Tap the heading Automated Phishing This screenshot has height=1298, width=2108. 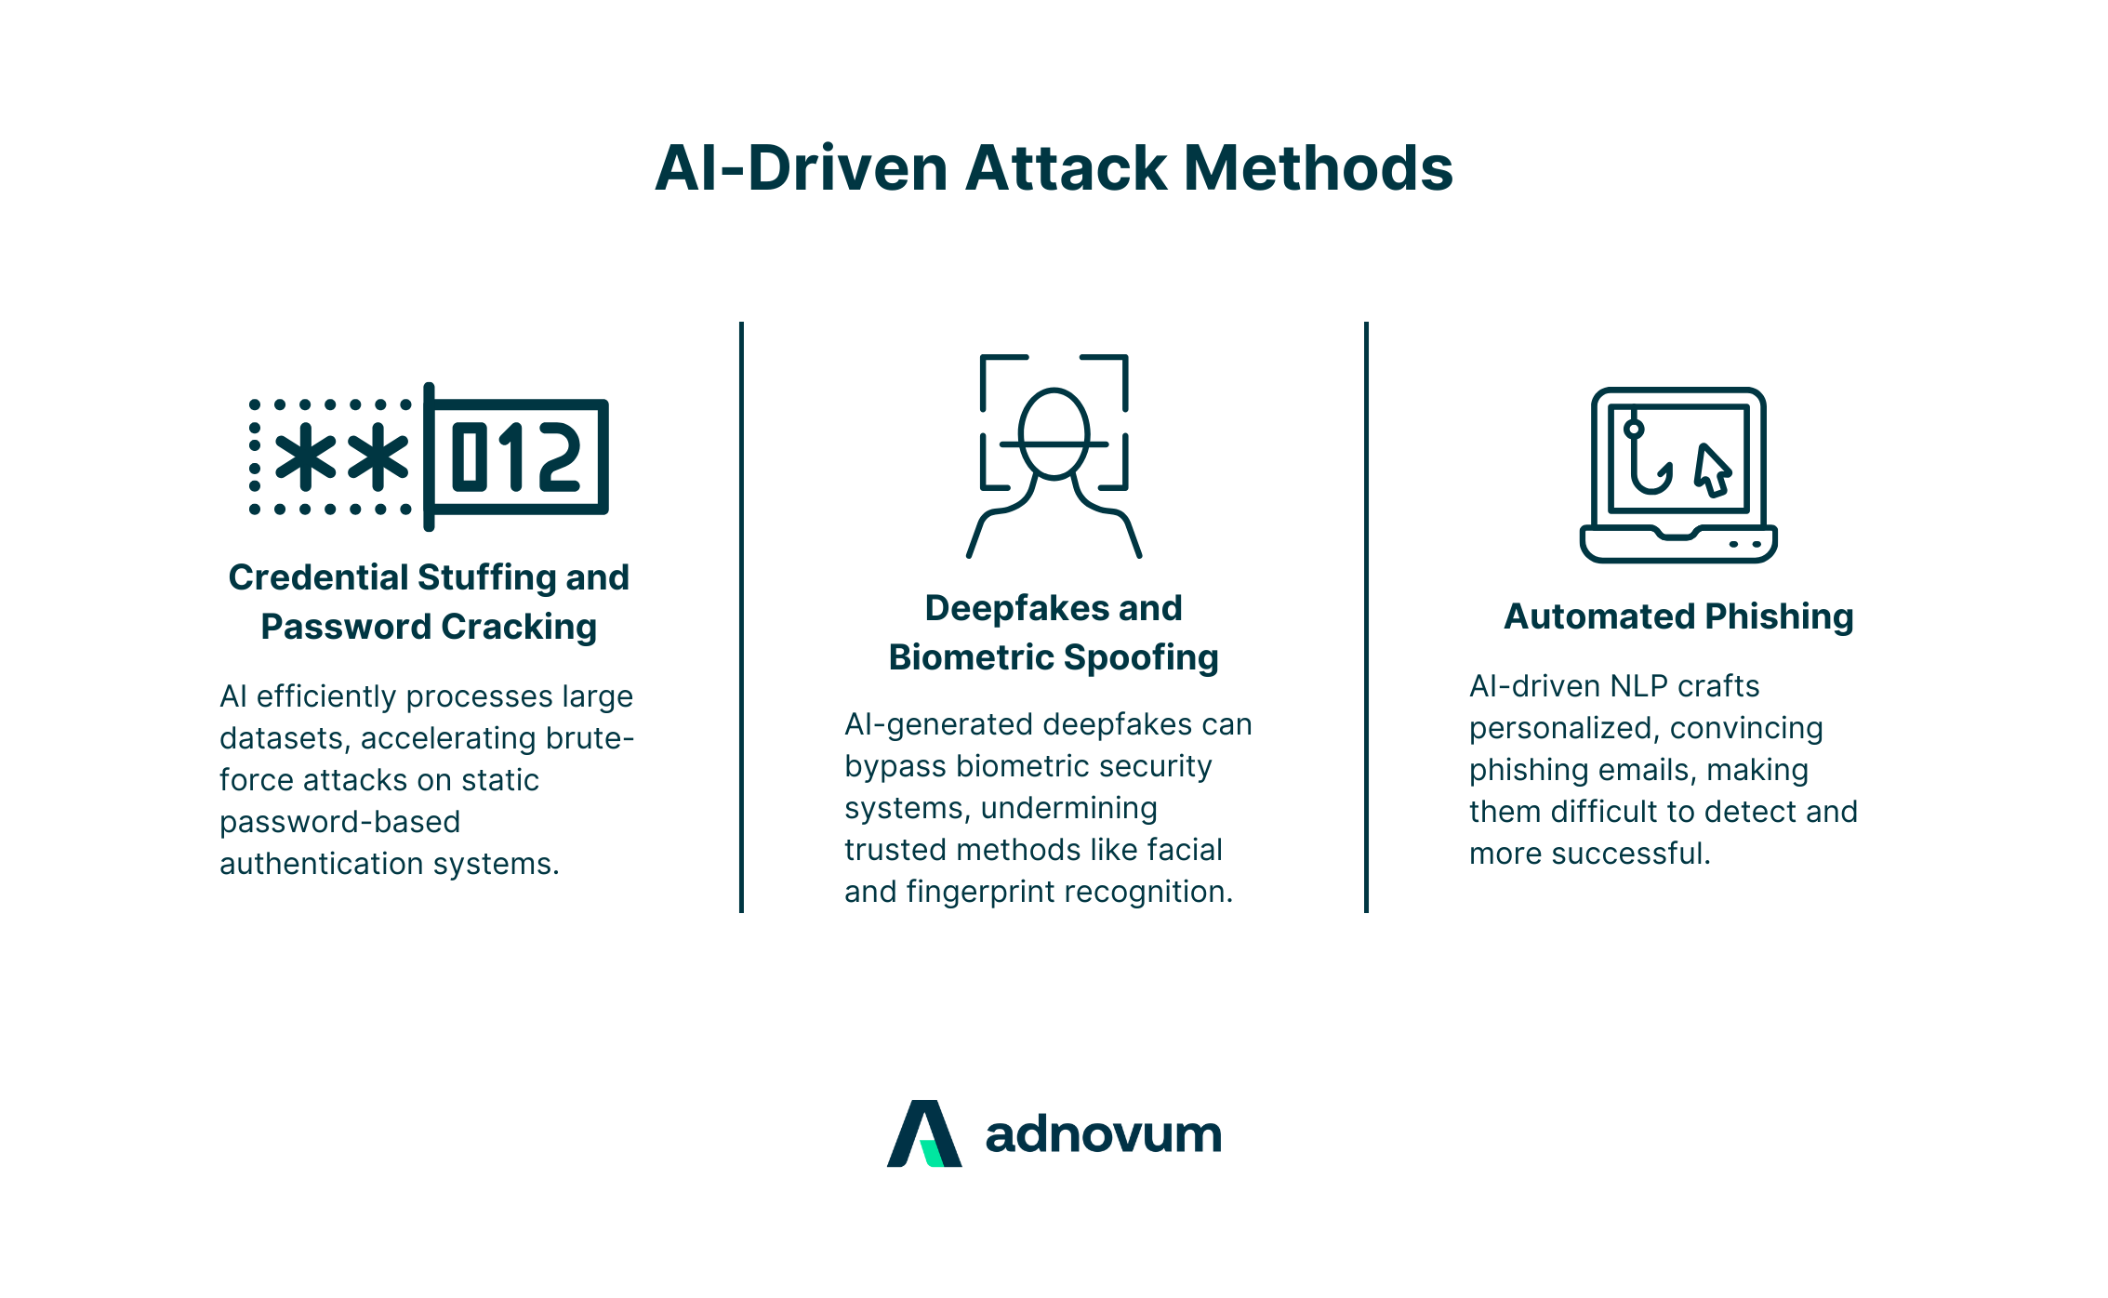[x=1678, y=616]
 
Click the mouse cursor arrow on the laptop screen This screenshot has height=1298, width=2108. [x=1712, y=470]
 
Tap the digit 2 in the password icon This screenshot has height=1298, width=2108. [x=560, y=457]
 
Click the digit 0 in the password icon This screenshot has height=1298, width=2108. [x=470, y=457]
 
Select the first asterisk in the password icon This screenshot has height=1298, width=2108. [x=305, y=457]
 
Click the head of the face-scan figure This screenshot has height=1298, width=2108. [x=1054, y=433]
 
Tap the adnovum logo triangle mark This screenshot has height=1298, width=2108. [x=924, y=1134]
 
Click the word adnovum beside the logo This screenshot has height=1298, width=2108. [x=1103, y=1135]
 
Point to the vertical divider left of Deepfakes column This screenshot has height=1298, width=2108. [x=741, y=617]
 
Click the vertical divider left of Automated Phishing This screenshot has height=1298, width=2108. [x=1366, y=617]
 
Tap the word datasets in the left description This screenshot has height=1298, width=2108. [x=284, y=738]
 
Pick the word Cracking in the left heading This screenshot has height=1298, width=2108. [x=519, y=627]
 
